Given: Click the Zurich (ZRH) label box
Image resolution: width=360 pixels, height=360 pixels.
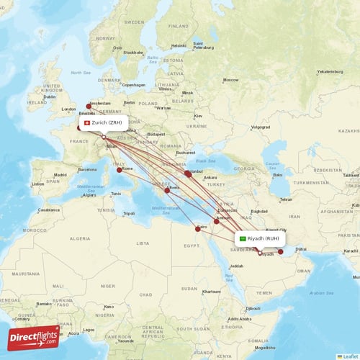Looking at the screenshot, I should coord(104,122).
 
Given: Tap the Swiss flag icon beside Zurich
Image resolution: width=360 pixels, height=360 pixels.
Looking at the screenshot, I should coord(87,122).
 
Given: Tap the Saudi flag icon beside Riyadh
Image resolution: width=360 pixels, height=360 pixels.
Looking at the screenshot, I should coord(243,238).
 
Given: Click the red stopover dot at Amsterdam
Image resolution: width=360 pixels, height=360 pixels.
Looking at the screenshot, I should coord(89,106).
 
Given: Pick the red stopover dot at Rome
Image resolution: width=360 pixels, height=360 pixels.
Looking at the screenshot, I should coord(120,170).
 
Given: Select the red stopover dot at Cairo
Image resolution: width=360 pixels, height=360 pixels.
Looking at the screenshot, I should coord(198,229).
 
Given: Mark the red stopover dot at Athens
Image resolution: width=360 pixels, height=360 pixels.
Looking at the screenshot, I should coord(167,190).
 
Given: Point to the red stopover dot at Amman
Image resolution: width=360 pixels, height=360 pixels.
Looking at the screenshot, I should coord(216,221).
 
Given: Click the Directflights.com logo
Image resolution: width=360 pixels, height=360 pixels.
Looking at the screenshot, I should coord(34,337).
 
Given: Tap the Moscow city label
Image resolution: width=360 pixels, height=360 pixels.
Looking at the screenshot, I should coord(230,79).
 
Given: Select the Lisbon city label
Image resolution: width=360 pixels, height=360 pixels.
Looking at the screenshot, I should coord(37,184).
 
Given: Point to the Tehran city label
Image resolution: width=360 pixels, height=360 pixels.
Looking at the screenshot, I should coord(286,199).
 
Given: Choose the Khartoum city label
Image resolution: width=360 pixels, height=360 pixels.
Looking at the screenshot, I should coord(212,292).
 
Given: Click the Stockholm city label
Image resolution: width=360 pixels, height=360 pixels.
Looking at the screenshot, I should coord(132,53).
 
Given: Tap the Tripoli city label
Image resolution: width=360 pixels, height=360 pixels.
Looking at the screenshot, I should coord(129,214).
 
